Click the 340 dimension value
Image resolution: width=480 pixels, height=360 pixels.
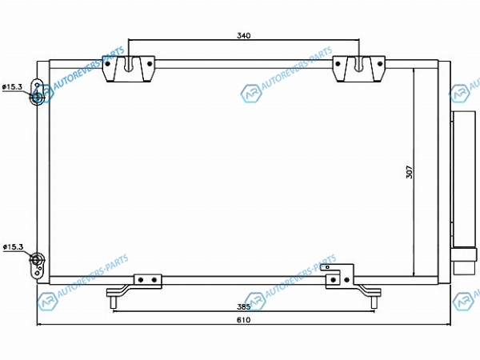pyautogui.click(x=244, y=35)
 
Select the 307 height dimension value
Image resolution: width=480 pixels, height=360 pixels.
pyautogui.click(x=410, y=172)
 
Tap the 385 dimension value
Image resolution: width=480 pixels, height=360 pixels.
pyautogui.click(x=243, y=306)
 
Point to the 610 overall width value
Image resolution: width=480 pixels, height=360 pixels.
pyautogui.click(x=244, y=320)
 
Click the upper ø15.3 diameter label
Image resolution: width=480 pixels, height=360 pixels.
pyautogui.click(x=12, y=87)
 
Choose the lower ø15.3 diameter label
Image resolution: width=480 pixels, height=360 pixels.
pyautogui.click(x=13, y=246)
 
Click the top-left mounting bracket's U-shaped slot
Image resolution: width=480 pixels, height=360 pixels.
pyautogui.click(x=129, y=64)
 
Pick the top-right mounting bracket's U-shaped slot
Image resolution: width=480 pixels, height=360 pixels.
pyautogui.click(x=358, y=64)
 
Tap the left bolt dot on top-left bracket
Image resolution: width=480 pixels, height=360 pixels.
pyautogui.click(x=107, y=64)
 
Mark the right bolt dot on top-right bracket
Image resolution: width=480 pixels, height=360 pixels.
pyautogui.click(x=380, y=64)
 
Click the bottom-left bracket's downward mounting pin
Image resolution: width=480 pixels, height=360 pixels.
pyautogui.click(x=113, y=302)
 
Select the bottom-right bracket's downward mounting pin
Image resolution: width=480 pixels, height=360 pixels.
pyautogui.click(x=374, y=302)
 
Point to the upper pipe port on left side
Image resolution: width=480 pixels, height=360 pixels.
pyautogui.click(x=38, y=98)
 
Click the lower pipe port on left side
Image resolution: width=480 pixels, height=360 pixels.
pyautogui.click(x=37, y=259)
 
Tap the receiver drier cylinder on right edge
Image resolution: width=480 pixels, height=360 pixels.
pyautogui.click(x=464, y=179)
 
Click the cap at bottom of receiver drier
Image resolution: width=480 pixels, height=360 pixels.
pyautogui.click(x=465, y=261)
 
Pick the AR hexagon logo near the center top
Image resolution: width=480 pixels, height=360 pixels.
pyautogui.click(x=251, y=93)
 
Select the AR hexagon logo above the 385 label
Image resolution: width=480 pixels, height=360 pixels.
pyautogui.click(x=256, y=301)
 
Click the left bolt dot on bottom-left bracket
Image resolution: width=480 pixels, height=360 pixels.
pyautogui.click(x=141, y=280)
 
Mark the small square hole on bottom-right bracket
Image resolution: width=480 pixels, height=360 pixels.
pyautogui.click(x=327, y=267)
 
